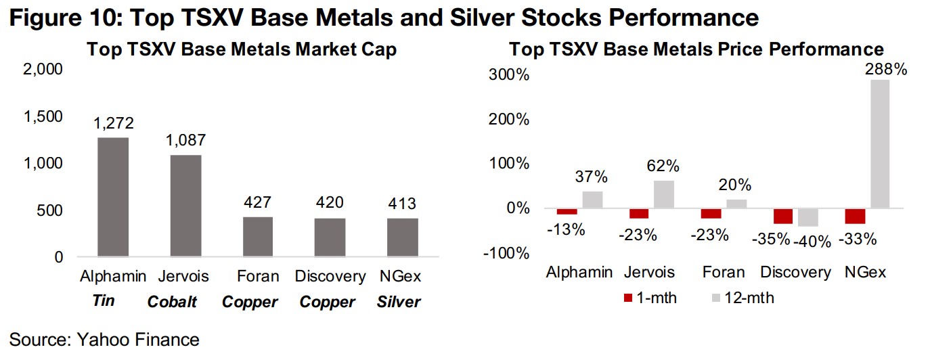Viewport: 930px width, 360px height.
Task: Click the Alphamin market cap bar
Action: tap(113, 197)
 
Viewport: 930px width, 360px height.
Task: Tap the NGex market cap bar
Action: tap(402, 238)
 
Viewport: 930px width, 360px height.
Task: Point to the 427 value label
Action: tap(258, 202)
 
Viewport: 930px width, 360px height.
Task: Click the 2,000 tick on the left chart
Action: tap(43, 70)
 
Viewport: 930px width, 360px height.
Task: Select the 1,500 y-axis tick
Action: tap(43, 116)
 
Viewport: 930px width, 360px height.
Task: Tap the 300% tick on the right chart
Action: tap(508, 74)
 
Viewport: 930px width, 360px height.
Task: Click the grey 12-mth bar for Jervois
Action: tap(664, 194)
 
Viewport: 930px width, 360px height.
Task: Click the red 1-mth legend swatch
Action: tap(627, 298)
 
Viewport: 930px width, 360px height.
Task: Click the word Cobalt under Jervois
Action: tap(172, 302)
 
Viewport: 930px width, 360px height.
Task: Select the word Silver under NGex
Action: tap(399, 302)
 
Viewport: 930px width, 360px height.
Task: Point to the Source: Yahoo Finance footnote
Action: tap(105, 340)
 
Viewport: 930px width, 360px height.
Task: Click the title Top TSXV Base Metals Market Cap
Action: tap(241, 49)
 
